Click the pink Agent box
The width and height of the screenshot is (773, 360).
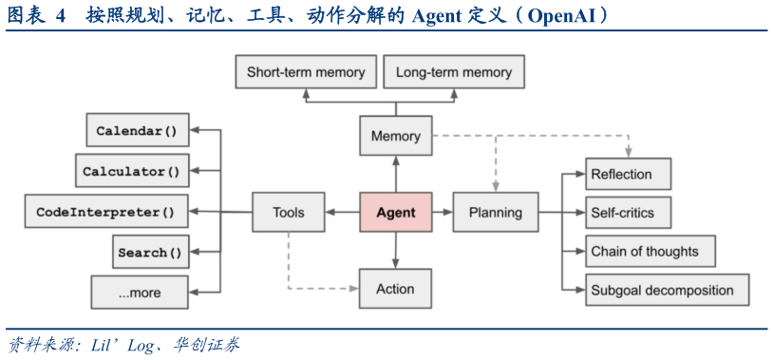395,212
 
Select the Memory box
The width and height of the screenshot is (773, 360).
395,136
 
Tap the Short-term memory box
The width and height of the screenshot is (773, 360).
305,72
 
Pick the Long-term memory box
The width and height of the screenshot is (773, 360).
453,72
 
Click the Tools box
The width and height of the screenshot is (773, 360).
288,212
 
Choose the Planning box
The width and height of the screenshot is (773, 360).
495,212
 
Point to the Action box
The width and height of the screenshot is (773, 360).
395,288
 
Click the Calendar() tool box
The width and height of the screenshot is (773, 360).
137,131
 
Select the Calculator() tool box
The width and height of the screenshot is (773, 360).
131,172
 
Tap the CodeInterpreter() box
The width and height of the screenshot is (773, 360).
105,212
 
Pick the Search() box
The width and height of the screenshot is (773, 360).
149,253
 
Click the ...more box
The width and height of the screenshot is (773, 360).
140,293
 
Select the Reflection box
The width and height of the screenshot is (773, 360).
627,175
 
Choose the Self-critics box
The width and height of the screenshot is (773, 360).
627,213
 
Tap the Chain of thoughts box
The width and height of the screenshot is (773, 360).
649,252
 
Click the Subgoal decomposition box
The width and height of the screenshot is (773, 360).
666,290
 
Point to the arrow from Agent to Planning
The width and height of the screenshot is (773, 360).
443,212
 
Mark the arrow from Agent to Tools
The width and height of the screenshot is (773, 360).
342,212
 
